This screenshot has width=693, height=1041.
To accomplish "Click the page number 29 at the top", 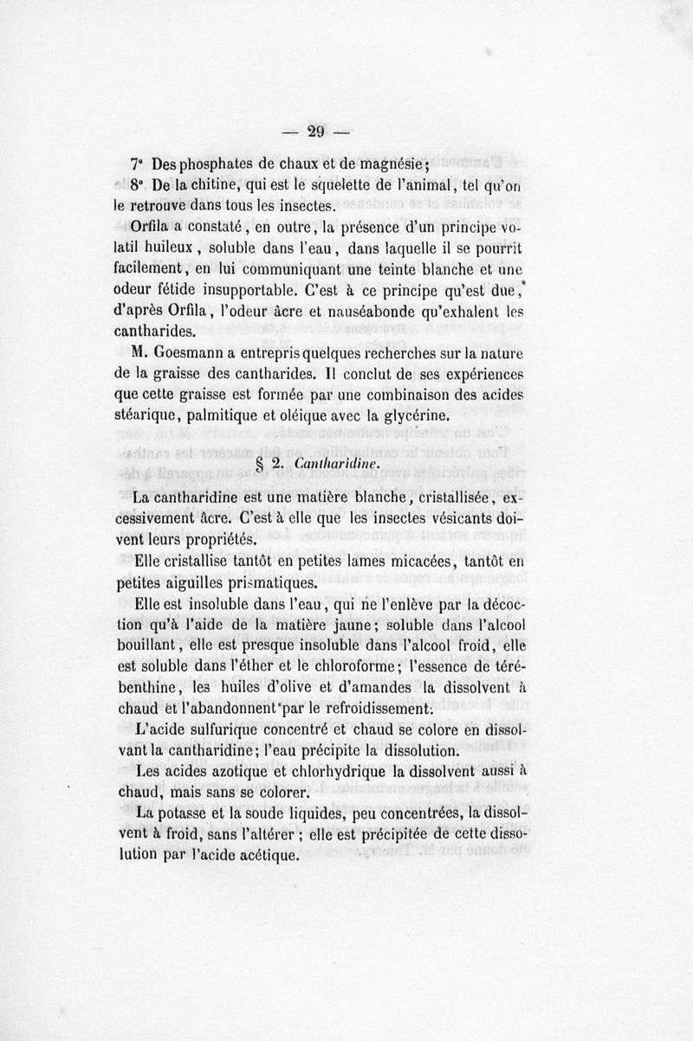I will [315, 132].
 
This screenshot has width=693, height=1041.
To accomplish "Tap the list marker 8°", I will [138, 186].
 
